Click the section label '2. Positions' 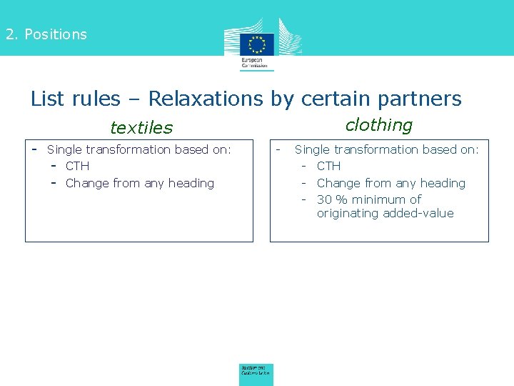[x=46, y=34]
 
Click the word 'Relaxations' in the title [x=206, y=99]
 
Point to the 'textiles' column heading [x=141, y=128]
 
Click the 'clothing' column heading [x=379, y=125]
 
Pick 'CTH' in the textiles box [x=77, y=167]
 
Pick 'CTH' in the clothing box [x=329, y=167]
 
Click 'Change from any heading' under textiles [x=140, y=184]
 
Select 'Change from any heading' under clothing [x=391, y=184]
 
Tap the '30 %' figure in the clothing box [x=332, y=199]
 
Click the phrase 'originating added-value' [x=385, y=214]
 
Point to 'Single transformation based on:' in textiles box [x=139, y=149]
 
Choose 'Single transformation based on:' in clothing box [x=387, y=149]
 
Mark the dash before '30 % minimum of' [x=303, y=199]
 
